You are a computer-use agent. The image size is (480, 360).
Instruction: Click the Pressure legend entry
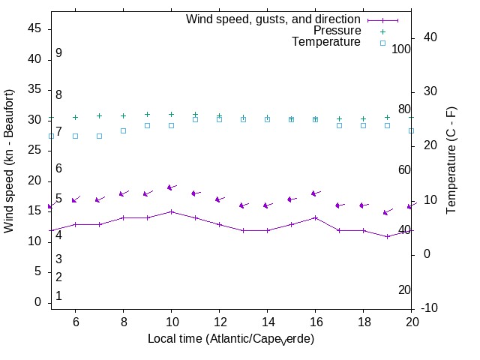coord(337,31)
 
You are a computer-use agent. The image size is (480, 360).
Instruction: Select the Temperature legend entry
coord(326,43)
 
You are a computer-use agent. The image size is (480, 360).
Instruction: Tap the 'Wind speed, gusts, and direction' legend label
coord(273,19)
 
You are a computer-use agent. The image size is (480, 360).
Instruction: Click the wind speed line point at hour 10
coord(171,211)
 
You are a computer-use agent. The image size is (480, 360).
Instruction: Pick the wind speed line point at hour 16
coord(315,217)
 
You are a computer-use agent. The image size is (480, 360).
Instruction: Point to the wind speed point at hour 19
coord(387,236)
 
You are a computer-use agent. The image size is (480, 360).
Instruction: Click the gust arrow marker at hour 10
coord(171,187)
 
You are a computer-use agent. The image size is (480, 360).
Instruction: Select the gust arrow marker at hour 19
coord(387,212)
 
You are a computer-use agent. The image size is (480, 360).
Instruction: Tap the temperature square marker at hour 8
coord(123,130)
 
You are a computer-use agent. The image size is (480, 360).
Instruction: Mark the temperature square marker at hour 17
coord(339,125)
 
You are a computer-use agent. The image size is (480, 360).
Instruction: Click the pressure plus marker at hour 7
coord(99,115)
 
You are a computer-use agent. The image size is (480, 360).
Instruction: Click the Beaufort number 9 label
coord(58,53)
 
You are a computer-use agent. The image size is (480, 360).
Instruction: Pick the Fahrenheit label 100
coord(401,49)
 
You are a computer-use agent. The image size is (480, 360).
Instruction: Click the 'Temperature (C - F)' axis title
coord(453,158)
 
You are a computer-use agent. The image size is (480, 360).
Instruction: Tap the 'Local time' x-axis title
coord(230,339)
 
